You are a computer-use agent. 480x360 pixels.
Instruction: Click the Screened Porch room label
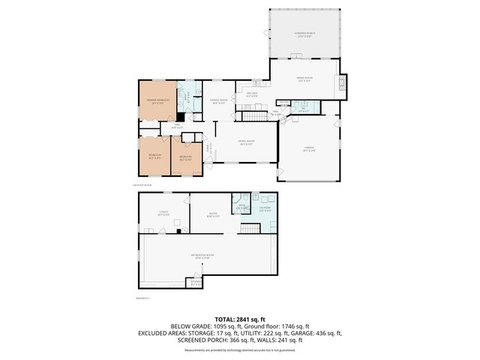pos(304,34)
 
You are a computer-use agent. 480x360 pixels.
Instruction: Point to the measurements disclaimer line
pos(239,349)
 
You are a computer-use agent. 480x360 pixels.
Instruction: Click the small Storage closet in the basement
pos(196,283)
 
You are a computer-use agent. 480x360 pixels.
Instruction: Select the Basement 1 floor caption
pos(144,298)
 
